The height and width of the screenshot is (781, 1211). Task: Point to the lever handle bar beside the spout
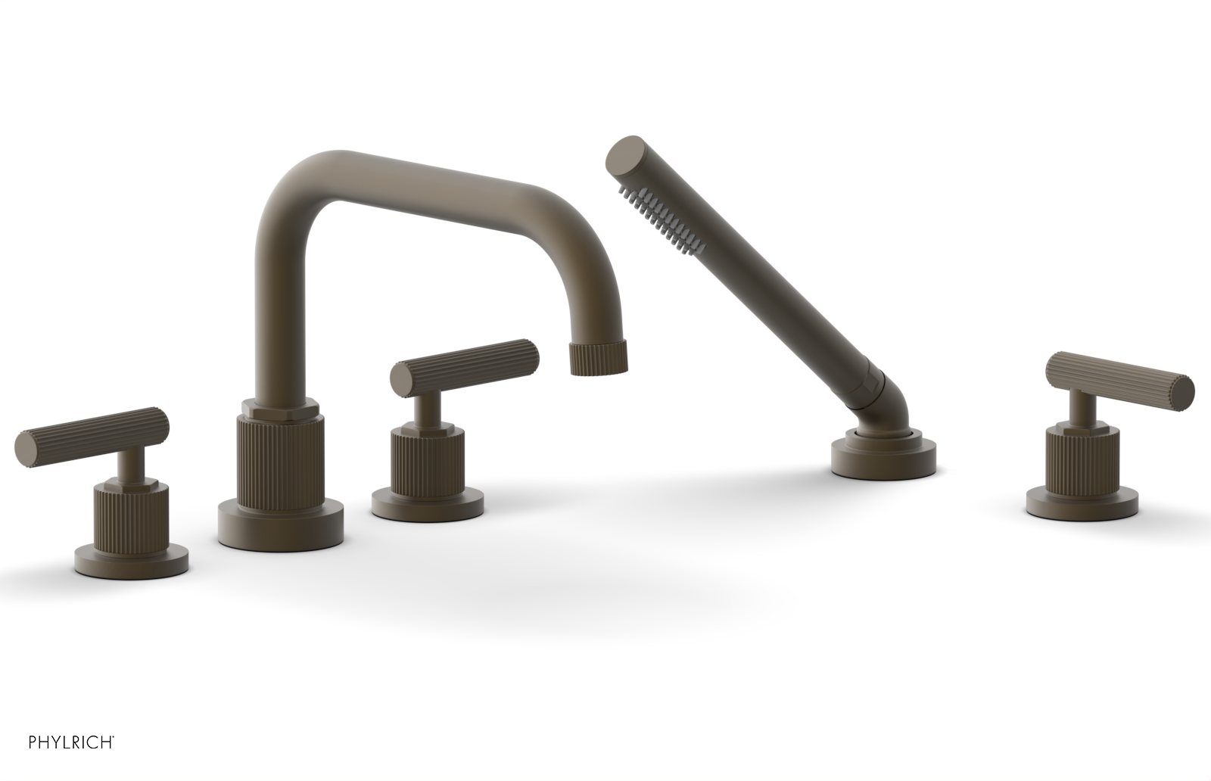(466, 365)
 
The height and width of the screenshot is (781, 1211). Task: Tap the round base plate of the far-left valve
(132, 560)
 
